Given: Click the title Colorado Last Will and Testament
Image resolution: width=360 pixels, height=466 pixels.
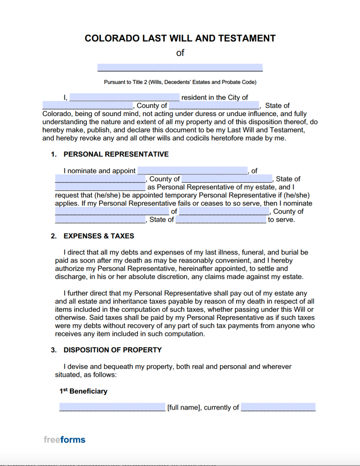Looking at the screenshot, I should coord(180,38).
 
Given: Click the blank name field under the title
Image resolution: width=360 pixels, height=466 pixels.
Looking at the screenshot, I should coord(180,68).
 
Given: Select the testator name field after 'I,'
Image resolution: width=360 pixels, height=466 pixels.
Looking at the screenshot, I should coord(125,97).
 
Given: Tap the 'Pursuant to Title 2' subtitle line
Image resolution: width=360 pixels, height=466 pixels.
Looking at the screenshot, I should coord(180,82).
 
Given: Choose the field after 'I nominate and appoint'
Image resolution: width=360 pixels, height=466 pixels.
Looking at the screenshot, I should coord(192,171).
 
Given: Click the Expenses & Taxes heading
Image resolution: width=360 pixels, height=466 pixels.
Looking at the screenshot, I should coord(99,236).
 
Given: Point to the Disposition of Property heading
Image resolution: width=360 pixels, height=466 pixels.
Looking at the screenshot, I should coord(112,350).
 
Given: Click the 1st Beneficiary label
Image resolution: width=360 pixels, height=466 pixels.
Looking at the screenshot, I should coord(83,391).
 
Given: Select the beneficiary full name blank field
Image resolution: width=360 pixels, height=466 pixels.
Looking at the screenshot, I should coord(112,407).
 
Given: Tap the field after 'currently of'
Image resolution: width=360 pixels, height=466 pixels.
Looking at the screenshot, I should coord(278,407).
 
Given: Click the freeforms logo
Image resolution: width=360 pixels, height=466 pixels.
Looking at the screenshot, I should coord(65,440).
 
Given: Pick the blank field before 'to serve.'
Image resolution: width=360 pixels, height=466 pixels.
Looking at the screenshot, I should coord(221,219).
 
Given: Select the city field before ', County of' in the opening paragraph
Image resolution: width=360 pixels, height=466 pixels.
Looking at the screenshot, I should coord(87,105).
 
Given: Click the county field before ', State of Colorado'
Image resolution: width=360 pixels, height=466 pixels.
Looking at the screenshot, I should coord(214,105).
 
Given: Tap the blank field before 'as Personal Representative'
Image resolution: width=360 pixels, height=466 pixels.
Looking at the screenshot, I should coord(100,187).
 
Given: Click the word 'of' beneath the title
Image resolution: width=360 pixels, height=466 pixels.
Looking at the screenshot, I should coord(180,53).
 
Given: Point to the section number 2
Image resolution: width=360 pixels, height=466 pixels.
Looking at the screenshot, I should coord(53,236).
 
